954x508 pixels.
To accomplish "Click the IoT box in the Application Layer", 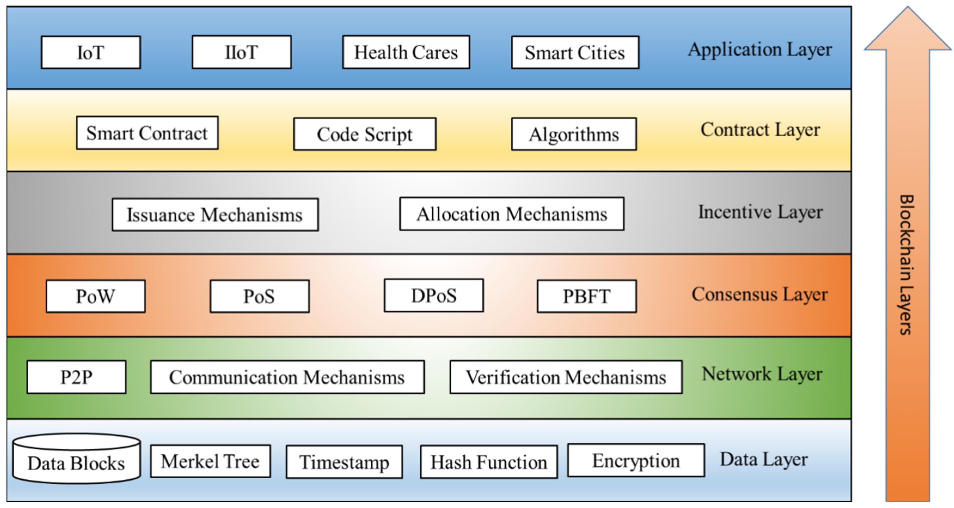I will coord(91,52).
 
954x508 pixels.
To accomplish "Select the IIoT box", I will coord(241,52).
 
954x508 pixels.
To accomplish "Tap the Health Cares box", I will coord(406,52).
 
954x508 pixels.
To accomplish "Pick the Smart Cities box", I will coord(575,52).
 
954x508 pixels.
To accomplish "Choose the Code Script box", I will coord(364,134).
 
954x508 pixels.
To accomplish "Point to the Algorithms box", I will coord(574,134).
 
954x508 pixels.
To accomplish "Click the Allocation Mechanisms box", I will coord(511,214).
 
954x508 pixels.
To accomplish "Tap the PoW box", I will coord(96,296).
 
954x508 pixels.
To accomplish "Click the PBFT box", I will coord(587,296).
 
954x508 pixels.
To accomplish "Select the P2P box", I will coord(76,377).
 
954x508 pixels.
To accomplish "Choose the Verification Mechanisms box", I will coord(566,377).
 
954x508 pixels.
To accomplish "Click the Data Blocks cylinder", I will coord(76,460).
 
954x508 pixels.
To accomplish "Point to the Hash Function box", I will coord(489,462).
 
